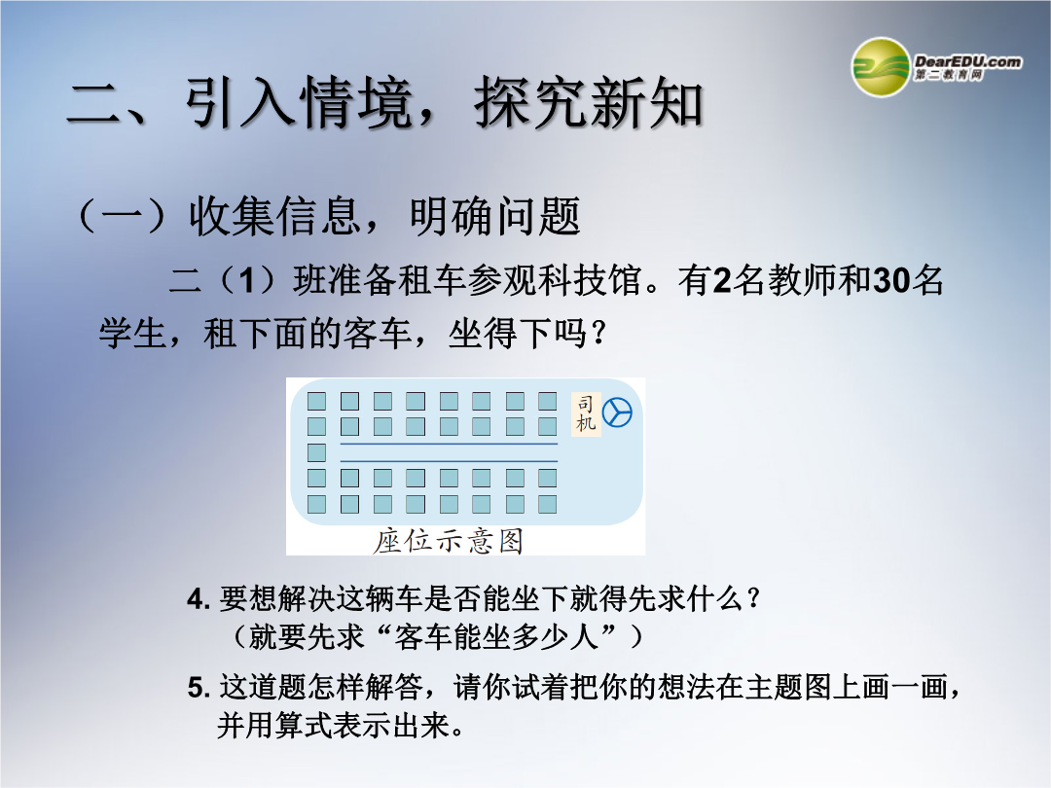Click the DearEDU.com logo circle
880,67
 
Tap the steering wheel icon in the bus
617,412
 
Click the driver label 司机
586,413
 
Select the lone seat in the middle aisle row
316,452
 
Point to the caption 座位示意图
448,541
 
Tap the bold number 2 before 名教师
722,281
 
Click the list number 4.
199,598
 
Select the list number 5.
199,688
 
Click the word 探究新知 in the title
588,102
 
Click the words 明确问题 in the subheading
494,216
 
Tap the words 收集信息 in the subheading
274,216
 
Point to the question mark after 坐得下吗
599,333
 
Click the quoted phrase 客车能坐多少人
496,636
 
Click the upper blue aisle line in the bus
449,444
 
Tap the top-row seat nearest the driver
548,402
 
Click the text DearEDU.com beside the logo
968,61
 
